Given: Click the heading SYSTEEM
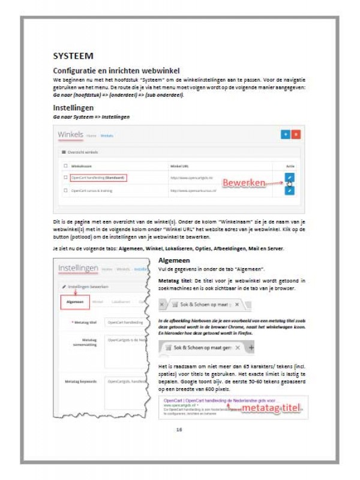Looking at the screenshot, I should coord(73,56).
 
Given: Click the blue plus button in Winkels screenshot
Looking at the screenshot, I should coord(285,135).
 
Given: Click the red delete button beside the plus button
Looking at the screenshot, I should coord(295,135).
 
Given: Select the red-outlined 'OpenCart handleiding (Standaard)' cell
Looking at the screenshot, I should coord(97,178).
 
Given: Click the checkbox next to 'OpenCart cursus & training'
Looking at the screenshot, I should coord(65,191).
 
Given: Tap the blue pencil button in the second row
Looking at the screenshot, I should coord(290,190).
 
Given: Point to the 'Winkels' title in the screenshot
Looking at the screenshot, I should coord(70,134).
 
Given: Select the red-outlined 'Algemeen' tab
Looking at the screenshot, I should coord(75,301).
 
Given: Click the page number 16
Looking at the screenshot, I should coord(179,430).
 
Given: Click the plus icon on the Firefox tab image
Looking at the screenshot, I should coord(251,348).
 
